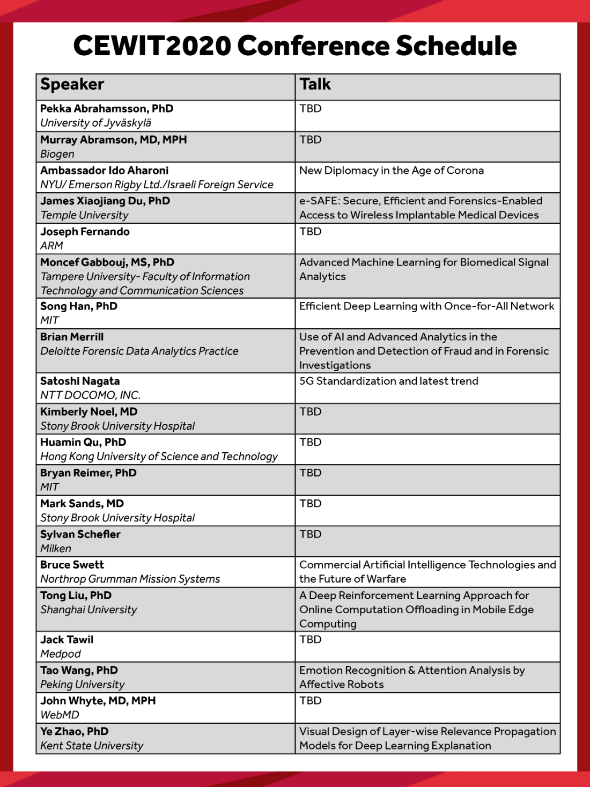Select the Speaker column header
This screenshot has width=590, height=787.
pos(72,85)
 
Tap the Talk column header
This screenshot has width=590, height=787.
pos(315,85)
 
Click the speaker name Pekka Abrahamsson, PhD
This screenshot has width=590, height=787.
pos(107,108)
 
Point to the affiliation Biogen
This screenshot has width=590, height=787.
pos(57,154)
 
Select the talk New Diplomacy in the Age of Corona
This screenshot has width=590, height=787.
pos(392,171)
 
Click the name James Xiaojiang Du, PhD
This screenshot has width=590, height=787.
pos(105,201)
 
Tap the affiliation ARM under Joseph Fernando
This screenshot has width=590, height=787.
pos(51,246)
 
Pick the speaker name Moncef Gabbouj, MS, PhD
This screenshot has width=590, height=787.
pos(107,262)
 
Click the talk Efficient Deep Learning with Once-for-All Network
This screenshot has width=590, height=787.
pos(426,306)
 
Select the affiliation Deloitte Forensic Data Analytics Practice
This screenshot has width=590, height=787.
pos(139,351)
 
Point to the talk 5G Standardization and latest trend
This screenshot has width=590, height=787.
pos(389,381)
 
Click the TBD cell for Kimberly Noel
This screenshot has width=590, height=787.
pos(311,412)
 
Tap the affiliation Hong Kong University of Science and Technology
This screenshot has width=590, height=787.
pos(159,457)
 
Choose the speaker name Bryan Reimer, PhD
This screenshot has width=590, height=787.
pos(88,473)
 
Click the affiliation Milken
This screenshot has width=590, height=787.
pos(56,549)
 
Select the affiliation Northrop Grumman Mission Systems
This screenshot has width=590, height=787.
pos(130,579)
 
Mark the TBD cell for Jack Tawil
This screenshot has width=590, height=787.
pos(311,640)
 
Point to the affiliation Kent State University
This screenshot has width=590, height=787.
pos(92,746)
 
